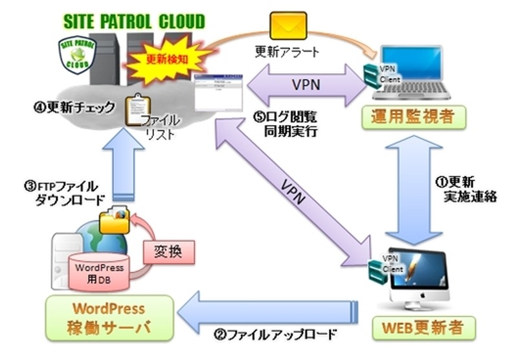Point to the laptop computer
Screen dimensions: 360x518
click(x=414, y=71)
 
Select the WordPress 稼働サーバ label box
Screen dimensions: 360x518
click(x=108, y=317)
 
